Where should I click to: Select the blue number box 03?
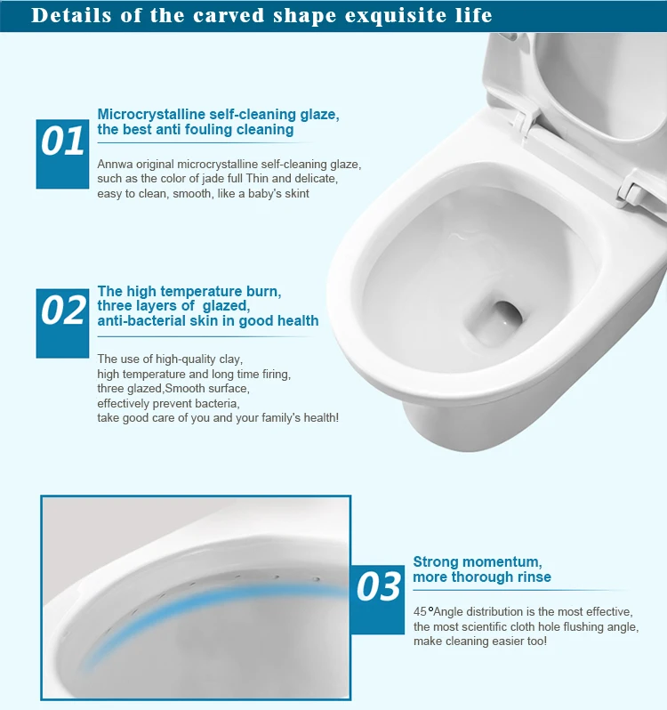pos(380,586)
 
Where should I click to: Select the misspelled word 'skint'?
pos(293,193)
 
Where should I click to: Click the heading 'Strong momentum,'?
pos(477,561)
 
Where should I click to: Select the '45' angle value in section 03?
pos(421,611)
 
